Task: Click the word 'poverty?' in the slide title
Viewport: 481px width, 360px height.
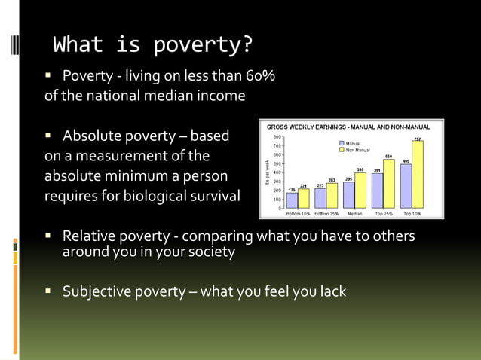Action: (203, 46)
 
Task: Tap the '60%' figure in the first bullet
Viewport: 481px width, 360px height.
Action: (260, 76)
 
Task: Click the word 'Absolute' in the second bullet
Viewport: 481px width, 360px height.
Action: (93, 136)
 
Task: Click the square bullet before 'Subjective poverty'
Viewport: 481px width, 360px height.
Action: (49, 291)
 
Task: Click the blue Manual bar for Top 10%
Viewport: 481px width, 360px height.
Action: (406, 186)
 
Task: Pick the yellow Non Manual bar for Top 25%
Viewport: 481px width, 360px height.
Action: (388, 184)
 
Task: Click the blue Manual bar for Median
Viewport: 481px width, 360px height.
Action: (349, 195)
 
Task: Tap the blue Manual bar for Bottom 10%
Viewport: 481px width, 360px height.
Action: (292, 200)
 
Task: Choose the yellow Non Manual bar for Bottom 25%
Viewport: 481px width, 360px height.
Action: (332, 196)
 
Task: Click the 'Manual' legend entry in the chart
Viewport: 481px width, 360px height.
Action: (353, 143)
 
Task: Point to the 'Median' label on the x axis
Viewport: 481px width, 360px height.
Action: (354, 214)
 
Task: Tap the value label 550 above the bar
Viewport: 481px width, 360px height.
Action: (389, 156)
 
